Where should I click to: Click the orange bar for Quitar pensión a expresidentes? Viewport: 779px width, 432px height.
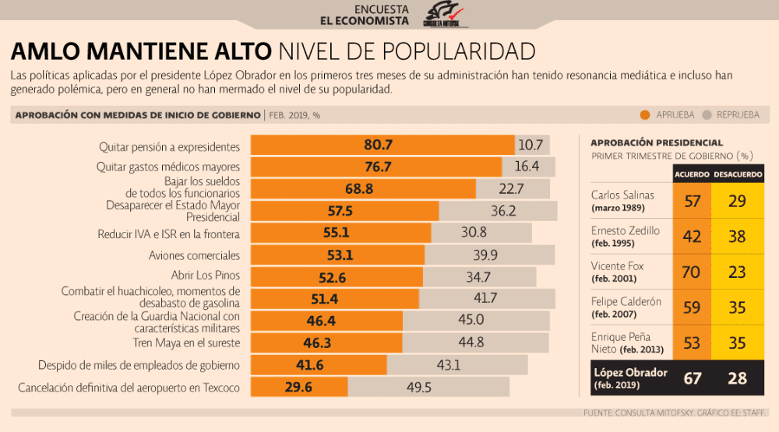coord(382,145)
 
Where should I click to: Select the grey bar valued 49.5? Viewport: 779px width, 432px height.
coord(428,387)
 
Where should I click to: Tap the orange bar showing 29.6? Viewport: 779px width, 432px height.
coord(299,387)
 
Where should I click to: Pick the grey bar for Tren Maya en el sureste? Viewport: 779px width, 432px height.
coord(475,342)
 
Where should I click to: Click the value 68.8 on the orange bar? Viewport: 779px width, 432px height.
coord(358,189)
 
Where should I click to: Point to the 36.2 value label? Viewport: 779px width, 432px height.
coord(503,211)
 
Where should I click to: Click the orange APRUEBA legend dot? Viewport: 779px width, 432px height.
coord(645,115)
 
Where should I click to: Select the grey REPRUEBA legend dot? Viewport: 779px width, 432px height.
coord(707,115)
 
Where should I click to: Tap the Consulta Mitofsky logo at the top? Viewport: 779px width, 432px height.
coord(444,14)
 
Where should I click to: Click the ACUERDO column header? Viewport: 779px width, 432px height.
coord(692,174)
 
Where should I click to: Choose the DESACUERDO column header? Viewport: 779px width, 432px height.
coord(738,174)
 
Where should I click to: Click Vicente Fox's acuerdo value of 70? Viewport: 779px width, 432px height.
coord(691,272)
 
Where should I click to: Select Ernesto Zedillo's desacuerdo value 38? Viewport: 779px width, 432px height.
coord(737,237)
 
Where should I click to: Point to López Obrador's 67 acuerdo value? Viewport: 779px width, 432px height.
coord(692,378)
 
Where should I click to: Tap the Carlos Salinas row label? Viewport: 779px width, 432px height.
coord(622,201)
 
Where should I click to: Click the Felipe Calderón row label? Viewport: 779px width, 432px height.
coord(626,307)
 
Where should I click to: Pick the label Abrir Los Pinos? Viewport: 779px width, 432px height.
coord(205,275)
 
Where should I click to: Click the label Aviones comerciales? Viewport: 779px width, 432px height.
coord(194,255)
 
